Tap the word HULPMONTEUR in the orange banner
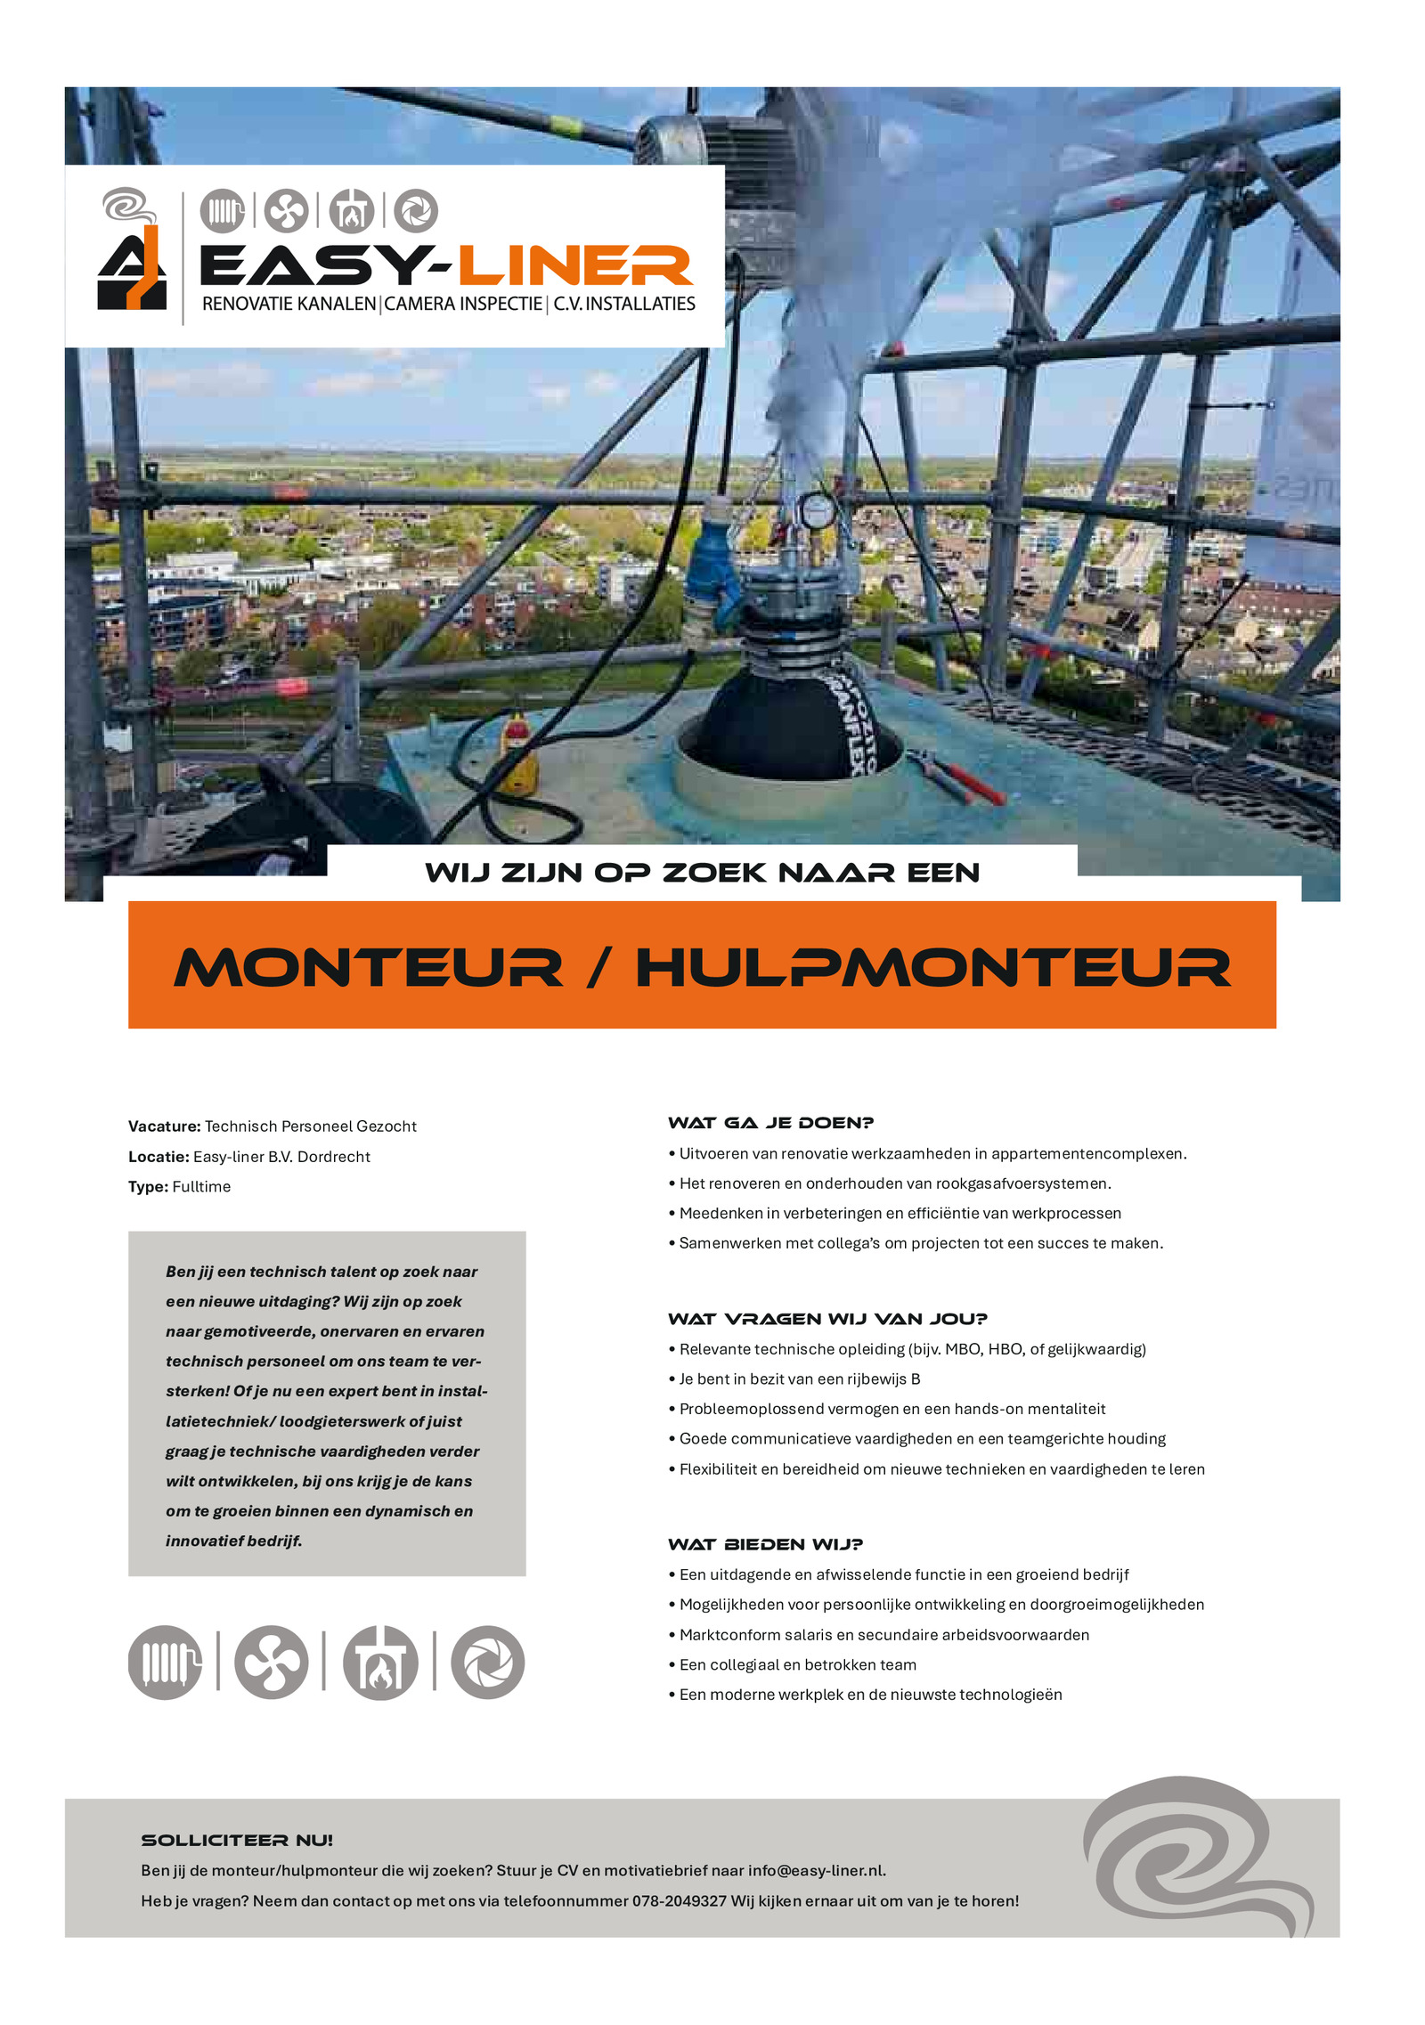(x=932, y=967)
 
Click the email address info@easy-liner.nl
(x=816, y=1870)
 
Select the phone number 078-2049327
(x=679, y=1900)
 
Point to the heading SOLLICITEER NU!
(x=237, y=1840)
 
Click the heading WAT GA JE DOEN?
(x=770, y=1122)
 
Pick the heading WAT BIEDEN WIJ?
(x=765, y=1544)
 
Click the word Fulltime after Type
(x=201, y=1186)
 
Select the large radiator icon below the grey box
(x=165, y=1662)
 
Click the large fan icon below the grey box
(x=271, y=1662)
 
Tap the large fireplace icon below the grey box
(x=380, y=1662)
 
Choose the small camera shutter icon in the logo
(x=416, y=211)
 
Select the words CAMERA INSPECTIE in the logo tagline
(x=463, y=304)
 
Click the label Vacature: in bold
(x=164, y=1126)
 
